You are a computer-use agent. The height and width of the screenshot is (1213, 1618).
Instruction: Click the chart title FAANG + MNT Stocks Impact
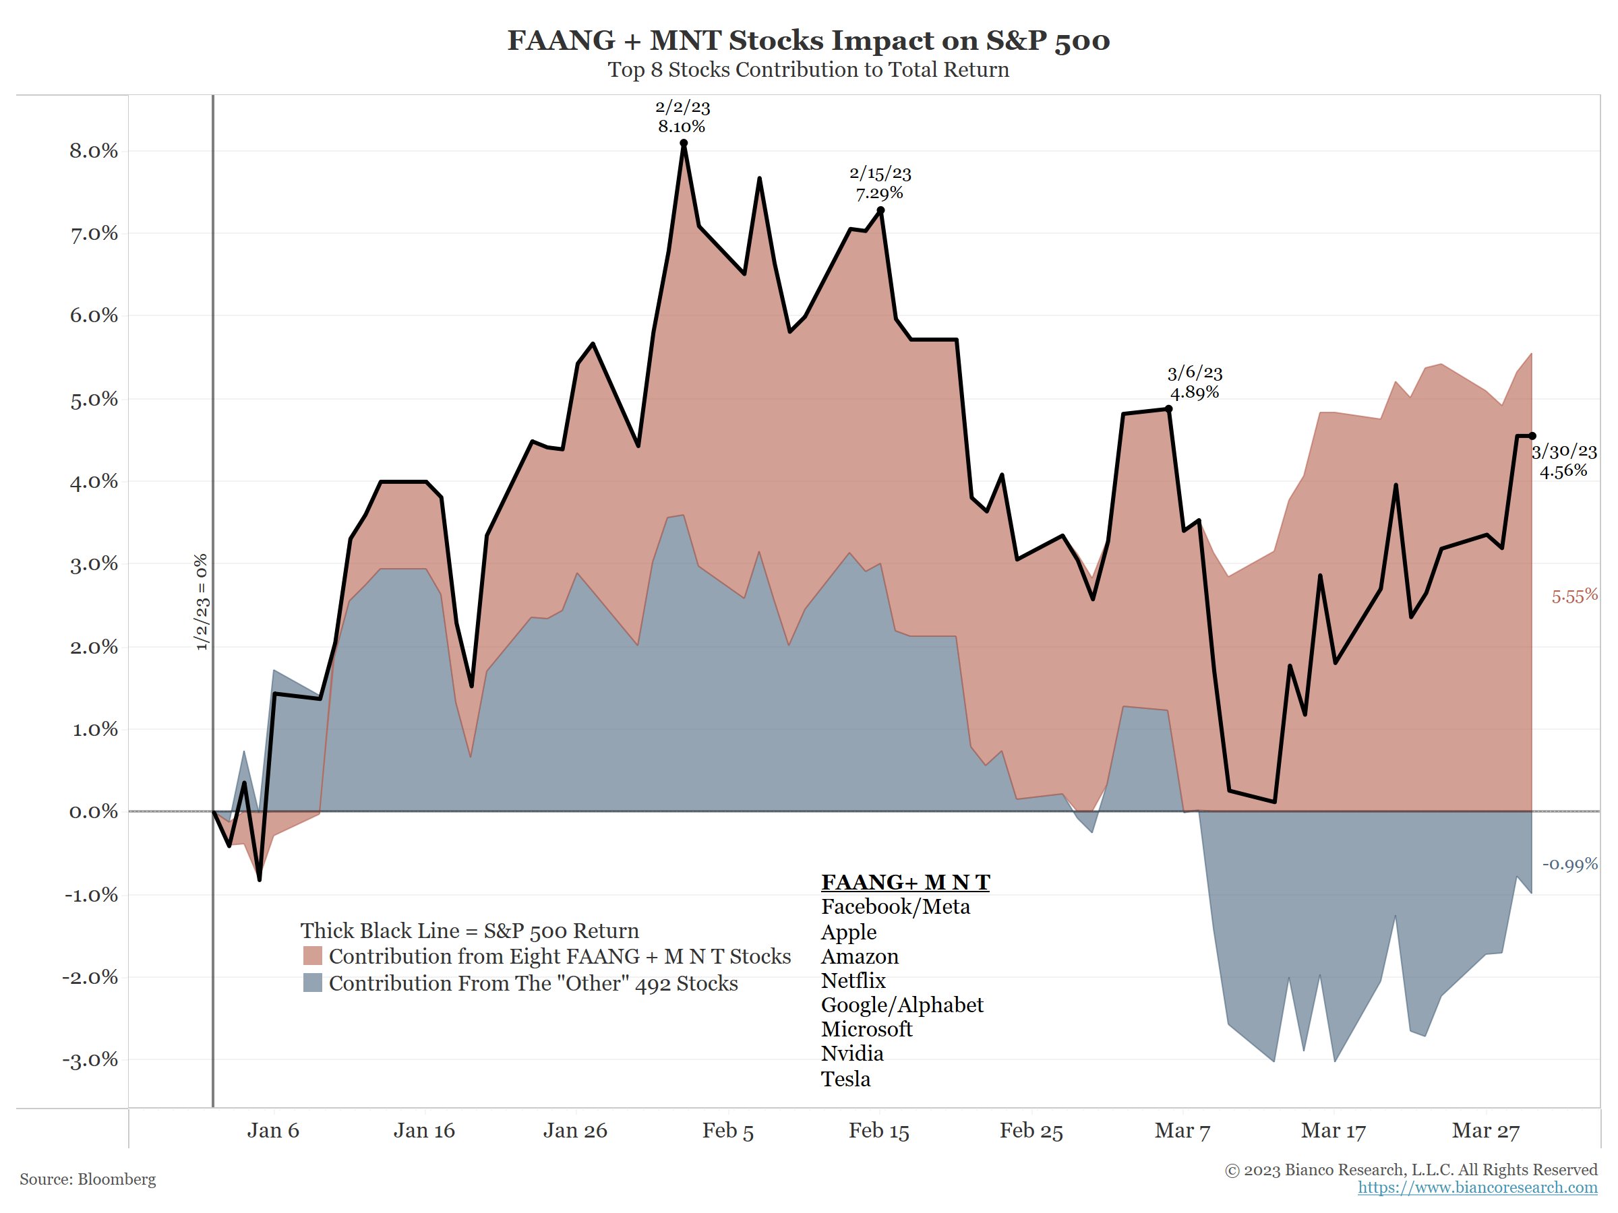(x=808, y=40)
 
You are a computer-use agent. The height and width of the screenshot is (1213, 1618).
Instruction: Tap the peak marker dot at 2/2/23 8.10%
(x=683, y=144)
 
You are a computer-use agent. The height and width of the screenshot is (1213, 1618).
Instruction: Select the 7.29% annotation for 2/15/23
(x=879, y=193)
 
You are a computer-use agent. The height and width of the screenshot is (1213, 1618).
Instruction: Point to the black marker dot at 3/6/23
(x=1168, y=410)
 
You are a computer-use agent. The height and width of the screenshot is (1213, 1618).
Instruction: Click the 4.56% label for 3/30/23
(x=1563, y=471)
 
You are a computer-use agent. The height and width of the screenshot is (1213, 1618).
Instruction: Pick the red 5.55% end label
(x=1574, y=596)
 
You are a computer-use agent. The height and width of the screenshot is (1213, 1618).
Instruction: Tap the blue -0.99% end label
(x=1569, y=864)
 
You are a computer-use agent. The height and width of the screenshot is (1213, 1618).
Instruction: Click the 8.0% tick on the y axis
(x=93, y=152)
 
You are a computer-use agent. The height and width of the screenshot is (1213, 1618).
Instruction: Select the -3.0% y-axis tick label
(x=90, y=1060)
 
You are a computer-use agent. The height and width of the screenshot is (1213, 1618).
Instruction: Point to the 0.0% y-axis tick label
(x=93, y=811)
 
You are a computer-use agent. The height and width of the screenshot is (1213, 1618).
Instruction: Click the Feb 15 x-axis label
(x=878, y=1131)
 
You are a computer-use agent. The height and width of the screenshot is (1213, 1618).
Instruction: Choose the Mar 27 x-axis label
(x=1485, y=1131)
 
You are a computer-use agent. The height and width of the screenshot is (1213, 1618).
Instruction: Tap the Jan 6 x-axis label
(x=273, y=1131)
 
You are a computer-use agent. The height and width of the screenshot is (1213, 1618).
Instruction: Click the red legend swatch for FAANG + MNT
(x=312, y=956)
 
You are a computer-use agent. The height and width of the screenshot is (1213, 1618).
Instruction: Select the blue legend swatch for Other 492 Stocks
(x=312, y=983)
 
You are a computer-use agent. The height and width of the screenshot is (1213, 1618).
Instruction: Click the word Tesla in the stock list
(x=845, y=1079)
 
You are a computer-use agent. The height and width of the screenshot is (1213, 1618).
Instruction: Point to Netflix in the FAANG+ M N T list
(x=853, y=981)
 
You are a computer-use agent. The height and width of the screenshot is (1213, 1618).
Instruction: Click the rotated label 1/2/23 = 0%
(x=201, y=602)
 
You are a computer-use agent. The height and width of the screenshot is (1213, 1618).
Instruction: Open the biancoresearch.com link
(x=1477, y=1187)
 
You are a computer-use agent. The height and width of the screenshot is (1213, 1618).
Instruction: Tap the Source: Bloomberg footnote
(x=88, y=1179)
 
